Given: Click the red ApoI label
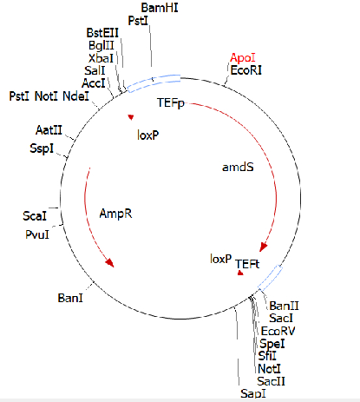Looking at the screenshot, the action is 243,58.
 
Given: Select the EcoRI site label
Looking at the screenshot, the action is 246,70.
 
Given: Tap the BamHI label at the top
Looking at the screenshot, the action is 160,8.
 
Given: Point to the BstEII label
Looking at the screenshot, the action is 102,33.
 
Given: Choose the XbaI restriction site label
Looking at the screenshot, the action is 101,58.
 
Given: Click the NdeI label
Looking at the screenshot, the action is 75,96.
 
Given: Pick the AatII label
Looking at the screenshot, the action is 49,130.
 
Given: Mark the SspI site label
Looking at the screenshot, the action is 42,148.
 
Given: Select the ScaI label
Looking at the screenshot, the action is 35,216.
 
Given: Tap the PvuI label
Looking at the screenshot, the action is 37,234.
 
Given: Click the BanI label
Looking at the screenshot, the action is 70,298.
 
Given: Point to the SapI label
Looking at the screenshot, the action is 253,393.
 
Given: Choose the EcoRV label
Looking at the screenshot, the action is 278,331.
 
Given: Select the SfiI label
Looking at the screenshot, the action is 267,356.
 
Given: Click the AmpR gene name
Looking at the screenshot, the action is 115,214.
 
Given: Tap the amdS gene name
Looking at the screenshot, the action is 238,167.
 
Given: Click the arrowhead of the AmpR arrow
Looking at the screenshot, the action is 110,263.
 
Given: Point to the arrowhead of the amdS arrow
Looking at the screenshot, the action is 264,247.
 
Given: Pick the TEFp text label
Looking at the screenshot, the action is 171,103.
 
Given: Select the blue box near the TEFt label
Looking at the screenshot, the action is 271,278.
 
